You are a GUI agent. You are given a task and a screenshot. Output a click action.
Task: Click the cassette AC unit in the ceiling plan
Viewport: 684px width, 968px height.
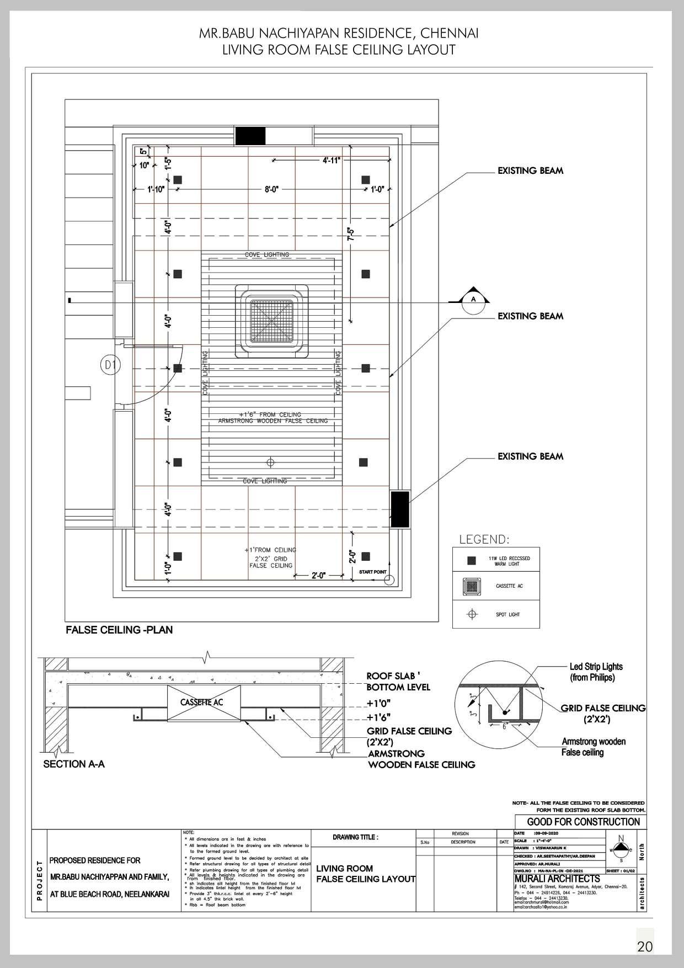pos(270,320)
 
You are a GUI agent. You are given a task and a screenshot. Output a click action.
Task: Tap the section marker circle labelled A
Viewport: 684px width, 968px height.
pos(472,300)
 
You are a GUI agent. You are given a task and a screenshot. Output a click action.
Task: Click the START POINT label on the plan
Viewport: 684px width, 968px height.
pos(373,572)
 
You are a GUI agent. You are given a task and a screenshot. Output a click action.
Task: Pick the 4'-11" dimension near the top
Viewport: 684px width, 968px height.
pos(332,160)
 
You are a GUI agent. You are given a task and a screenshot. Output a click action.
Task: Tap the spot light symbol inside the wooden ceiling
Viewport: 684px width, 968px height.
pos(270,461)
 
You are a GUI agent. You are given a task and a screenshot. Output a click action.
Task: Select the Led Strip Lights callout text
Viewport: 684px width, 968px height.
pos(596,672)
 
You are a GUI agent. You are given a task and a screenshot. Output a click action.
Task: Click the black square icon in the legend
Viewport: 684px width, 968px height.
pos(471,561)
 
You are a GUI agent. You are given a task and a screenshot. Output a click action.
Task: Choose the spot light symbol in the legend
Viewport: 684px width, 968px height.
pos(472,614)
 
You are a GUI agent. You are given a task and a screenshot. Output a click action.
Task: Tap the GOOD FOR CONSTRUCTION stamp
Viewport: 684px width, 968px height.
pos(583,822)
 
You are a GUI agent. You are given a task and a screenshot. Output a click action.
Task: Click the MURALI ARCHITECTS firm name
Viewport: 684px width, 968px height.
pos(557,879)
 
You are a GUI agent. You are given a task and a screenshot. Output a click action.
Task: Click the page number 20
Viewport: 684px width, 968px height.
pos(644,946)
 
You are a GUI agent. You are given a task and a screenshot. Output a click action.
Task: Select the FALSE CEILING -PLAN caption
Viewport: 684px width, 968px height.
pos(119,630)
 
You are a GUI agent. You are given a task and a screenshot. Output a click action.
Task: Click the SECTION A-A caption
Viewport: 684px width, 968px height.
pos(74,764)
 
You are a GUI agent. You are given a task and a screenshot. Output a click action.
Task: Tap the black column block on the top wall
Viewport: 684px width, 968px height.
pos(250,136)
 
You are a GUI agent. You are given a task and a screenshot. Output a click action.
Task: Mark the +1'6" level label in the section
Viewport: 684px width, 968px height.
pos(379,717)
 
